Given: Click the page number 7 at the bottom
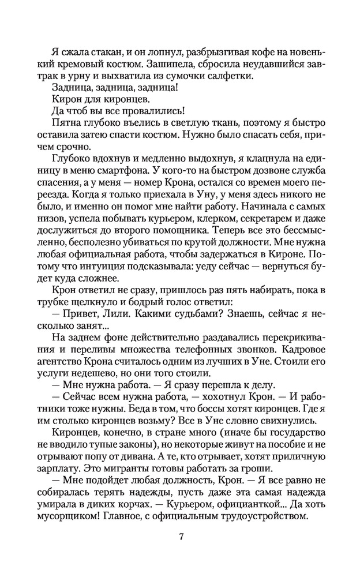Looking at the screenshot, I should pos(181,537).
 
